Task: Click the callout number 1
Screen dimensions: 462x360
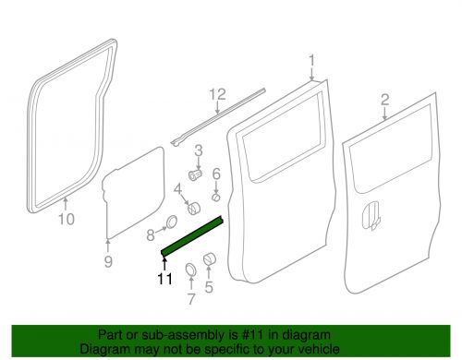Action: coord(311,60)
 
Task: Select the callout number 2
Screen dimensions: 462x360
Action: coord(385,100)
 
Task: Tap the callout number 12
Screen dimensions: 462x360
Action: coord(218,94)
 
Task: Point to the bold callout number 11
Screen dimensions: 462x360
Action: coord(165,279)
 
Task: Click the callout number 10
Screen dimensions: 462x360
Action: coord(67,219)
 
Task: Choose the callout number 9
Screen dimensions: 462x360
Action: coord(108,261)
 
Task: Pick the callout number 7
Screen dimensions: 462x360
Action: coord(191,299)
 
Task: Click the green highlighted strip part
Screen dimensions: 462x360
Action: coord(191,235)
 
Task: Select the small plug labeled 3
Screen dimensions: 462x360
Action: coord(195,174)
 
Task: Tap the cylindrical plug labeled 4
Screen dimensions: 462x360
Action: coord(194,209)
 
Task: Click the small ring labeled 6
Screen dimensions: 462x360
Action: coord(216,197)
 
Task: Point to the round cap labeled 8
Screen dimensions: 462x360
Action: coord(172,222)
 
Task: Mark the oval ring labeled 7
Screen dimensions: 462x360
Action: coord(190,270)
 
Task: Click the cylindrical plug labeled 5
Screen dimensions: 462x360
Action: coord(210,258)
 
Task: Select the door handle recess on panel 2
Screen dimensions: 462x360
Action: coord(371,215)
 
